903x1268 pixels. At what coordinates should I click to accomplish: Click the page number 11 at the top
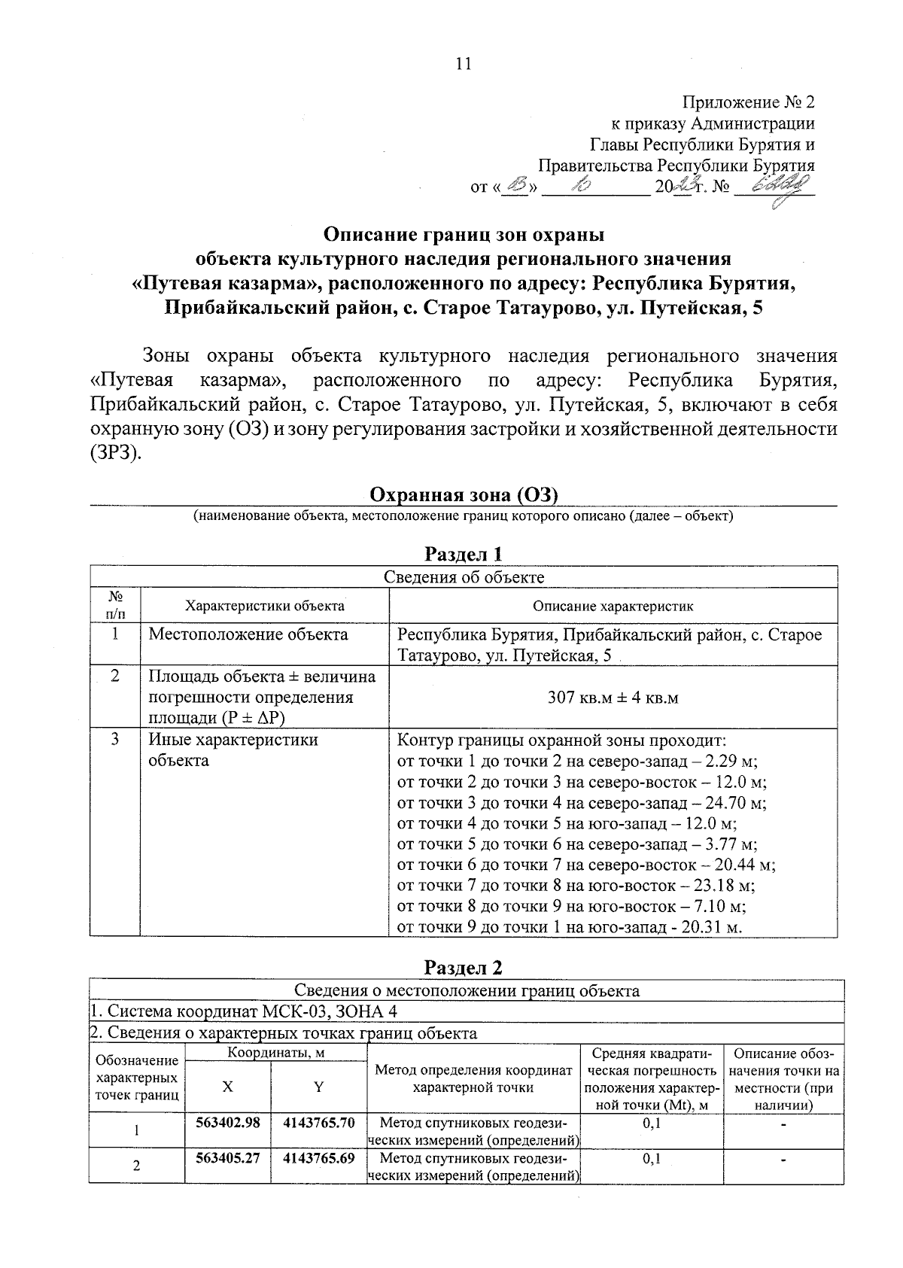tap(464, 64)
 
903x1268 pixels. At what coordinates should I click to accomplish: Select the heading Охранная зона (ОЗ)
tap(463, 494)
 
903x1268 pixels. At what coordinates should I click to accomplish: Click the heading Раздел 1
tap(463, 555)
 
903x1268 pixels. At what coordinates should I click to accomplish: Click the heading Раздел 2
tap(463, 967)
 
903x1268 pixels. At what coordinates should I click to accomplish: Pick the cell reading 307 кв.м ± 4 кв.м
tap(613, 698)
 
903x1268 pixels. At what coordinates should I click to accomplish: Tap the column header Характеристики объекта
tap(265, 606)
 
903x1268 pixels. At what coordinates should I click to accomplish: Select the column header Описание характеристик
tap(613, 606)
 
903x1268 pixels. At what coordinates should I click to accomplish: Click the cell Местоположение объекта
tap(248, 634)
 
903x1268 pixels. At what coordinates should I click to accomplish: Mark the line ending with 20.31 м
tap(570, 927)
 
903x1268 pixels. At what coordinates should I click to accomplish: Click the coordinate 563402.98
tap(227, 1122)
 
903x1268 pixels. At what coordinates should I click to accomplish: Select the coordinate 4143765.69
tap(318, 1157)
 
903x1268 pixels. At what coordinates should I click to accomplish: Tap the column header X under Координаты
tap(227, 1087)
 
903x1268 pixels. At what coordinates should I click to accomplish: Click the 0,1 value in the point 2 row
tap(652, 1158)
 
